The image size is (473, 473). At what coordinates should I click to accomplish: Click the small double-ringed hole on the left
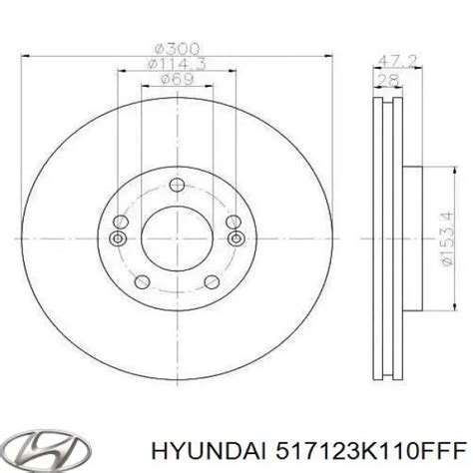tap(117, 237)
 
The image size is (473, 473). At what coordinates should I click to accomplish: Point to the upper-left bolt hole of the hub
tap(121, 221)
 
